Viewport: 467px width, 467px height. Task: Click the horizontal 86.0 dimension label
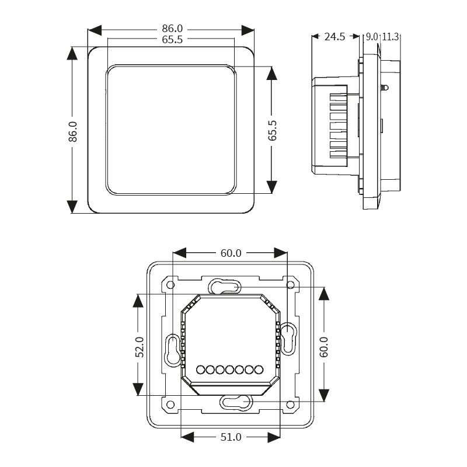172,29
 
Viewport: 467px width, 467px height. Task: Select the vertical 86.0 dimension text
72,131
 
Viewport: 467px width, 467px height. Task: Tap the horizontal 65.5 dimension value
172,39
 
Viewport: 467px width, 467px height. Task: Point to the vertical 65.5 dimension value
272,130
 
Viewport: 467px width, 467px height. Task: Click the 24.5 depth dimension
334,37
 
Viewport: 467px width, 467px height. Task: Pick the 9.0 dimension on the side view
372,37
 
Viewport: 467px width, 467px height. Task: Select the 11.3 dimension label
390,37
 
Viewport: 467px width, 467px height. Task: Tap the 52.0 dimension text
140,347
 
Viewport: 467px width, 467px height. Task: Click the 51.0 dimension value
231,437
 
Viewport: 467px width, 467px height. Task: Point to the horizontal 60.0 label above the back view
231,253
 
